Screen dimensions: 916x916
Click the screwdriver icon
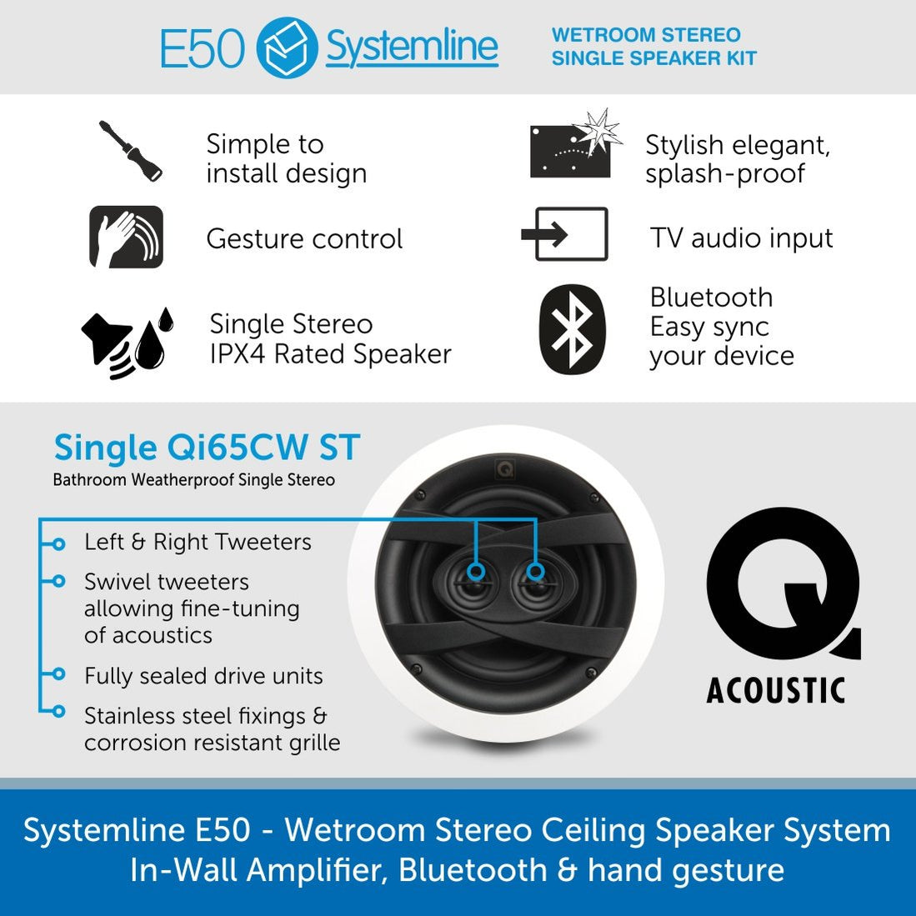click(130, 151)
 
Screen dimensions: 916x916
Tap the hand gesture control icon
click(126, 237)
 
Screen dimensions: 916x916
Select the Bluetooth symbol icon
click(572, 329)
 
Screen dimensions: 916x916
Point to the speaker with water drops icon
click(127, 342)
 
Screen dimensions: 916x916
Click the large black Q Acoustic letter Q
click(781, 583)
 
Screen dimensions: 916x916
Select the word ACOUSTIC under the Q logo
click(776, 690)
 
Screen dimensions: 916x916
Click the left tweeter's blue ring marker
click(475, 571)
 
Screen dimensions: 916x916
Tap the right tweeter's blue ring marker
click(536, 571)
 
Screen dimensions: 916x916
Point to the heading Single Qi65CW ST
click(207, 448)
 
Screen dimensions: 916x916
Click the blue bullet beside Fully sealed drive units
click(58, 674)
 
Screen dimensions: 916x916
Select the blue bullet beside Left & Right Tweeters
click(58, 543)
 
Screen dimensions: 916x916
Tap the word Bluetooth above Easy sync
click(711, 298)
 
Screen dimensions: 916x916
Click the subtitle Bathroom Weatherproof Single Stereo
click(193, 480)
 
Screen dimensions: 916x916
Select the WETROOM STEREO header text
click(646, 35)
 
